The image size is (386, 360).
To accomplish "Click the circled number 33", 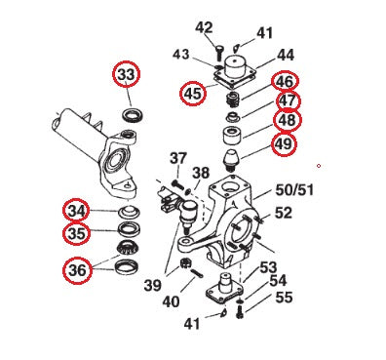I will (x=128, y=74).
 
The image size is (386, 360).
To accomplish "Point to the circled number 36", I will (x=78, y=268).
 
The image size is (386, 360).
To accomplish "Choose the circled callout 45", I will (x=193, y=94).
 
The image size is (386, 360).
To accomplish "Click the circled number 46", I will (x=285, y=83).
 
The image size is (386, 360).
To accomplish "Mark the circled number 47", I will (x=286, y=101).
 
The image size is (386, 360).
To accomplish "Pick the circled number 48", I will (x=286, y=121).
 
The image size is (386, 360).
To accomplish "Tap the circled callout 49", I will (x=284, y=145).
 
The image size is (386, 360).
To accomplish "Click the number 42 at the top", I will (x=204, y=27).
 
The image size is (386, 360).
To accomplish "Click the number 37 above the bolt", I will (x=177, y=158).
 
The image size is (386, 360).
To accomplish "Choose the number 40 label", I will (x=171, y=301).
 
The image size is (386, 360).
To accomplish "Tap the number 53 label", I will (x=267, y=266).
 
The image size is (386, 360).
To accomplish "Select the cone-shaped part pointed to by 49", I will (x=234, y=157).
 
